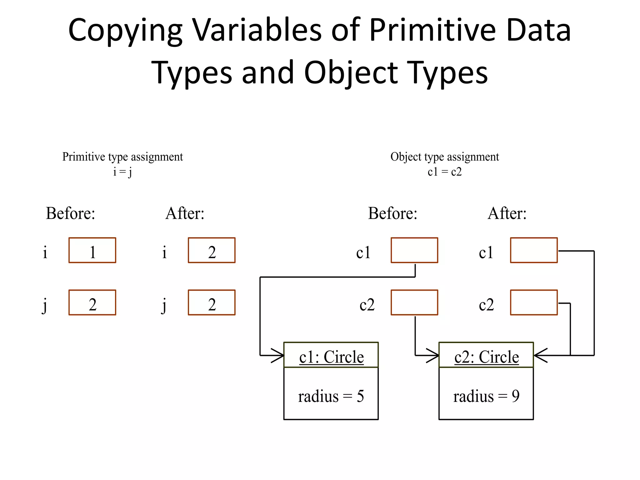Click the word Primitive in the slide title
432,30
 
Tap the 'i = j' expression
122,172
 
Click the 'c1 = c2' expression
444,172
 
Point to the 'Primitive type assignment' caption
122,157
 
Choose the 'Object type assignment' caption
444,157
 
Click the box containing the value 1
92,250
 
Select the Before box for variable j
92,302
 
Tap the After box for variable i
212,250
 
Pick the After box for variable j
212,302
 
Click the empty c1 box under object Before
414,250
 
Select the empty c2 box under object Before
414,302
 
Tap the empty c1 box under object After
534,250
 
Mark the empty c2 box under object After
534,302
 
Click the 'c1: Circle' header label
331,357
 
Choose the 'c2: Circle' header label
487,357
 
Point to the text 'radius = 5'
331,396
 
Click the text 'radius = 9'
486,396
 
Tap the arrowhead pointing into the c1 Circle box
278,356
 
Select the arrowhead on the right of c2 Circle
540,356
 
